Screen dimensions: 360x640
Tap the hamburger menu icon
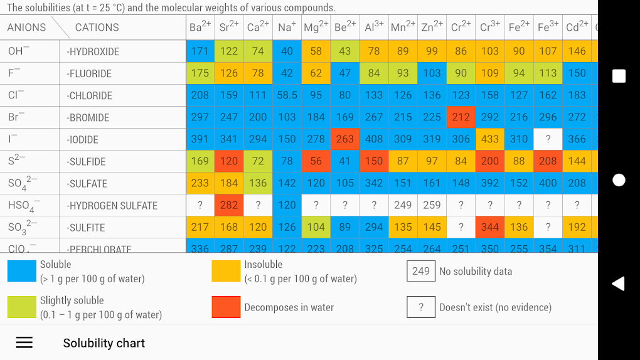click(24, 342)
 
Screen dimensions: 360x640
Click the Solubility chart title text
click(104, 343)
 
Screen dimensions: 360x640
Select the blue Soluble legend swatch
click(21, 271)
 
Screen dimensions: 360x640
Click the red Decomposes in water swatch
click(226, 307)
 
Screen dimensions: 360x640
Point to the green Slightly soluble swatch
click(21, 307)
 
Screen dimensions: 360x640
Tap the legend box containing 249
click(420, 271)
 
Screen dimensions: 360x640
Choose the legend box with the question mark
click(420, 307)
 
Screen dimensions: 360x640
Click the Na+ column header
click(287, 28)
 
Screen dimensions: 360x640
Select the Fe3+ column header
click(548, 28)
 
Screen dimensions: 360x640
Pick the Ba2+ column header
click(200, 28)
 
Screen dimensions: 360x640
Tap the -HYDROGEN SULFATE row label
click(112, 205)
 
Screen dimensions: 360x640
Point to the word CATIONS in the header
click(97, 28)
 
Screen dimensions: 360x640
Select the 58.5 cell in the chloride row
click(287, 95)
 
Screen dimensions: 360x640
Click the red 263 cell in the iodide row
click(344, 139)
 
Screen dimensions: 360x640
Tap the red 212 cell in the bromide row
click(461, 117)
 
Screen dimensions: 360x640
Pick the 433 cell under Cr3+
click(489, 139)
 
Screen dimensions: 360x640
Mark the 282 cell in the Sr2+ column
click(228, 205)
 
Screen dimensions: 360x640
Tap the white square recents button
click(619, 76)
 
